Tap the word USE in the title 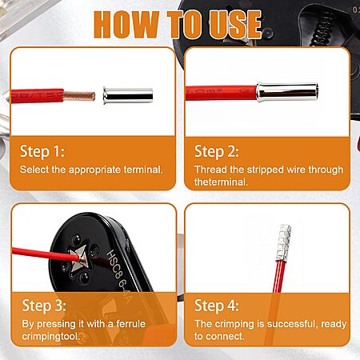click(234, 24)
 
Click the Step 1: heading click(42, 151)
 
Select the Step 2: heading click(217, 151)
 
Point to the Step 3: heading click(44, 306)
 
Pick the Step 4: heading click(217, 306)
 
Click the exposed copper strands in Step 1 click(79, 96)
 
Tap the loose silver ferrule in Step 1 click(128, 95)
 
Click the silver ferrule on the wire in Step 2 click(287, 92)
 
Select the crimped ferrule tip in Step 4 click(282, 243)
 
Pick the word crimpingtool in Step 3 click(51, 336)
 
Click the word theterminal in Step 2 click(221, 182)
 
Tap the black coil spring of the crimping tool click(322, 30)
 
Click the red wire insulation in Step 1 click(38, 96)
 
